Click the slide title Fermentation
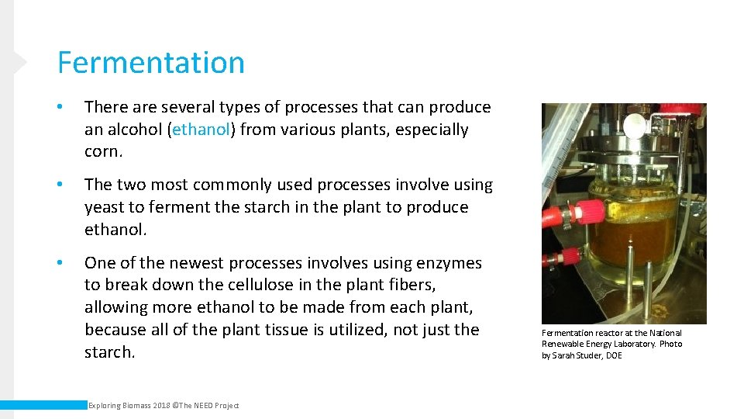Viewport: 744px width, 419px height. [x=150, y=63]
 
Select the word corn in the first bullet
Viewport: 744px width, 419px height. [x=102, y=152]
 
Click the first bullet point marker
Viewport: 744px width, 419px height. [x=60, y=107]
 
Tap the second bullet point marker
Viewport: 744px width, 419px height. [x=60, y=185]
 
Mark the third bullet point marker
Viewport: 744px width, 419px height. [x=60, y=263]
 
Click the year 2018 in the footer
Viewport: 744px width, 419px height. [x=161, y=406]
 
